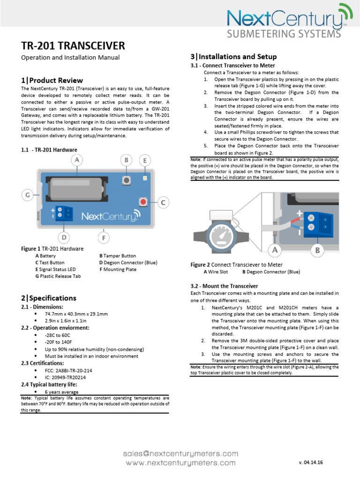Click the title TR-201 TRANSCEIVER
(x=73, y=45)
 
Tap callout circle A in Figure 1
(x=76, y=160)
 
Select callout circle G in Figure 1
(x=28, y=194)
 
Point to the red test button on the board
(x=142, y=202)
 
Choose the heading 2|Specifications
(x=48, y=298)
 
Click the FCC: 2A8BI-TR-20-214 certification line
(x=68, y=370)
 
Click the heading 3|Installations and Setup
(x=233, y=57)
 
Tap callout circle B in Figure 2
(x=317, y=250)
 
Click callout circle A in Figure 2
(x=275, y=250)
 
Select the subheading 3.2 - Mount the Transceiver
(x=224, y=285)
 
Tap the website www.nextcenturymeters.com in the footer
(x=180, y=463)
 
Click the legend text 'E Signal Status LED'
(x=55, y=270)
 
